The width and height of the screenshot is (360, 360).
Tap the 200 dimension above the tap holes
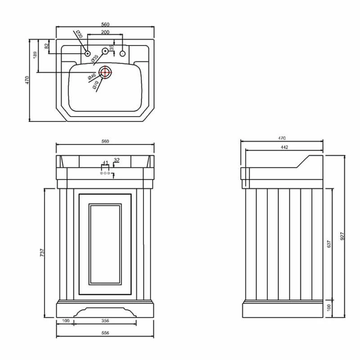105,33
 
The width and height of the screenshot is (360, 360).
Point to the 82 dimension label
46,45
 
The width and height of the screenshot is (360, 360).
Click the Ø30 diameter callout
78,34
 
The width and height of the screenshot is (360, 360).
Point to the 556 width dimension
105,333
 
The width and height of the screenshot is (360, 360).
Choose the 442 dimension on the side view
284,147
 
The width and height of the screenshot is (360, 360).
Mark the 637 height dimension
329,244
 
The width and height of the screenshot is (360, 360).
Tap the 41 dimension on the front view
105,162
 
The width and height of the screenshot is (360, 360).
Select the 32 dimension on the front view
117,160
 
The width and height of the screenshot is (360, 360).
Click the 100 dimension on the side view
329,307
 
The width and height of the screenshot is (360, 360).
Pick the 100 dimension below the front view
66,321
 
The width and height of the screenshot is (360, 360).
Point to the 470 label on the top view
27,80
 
